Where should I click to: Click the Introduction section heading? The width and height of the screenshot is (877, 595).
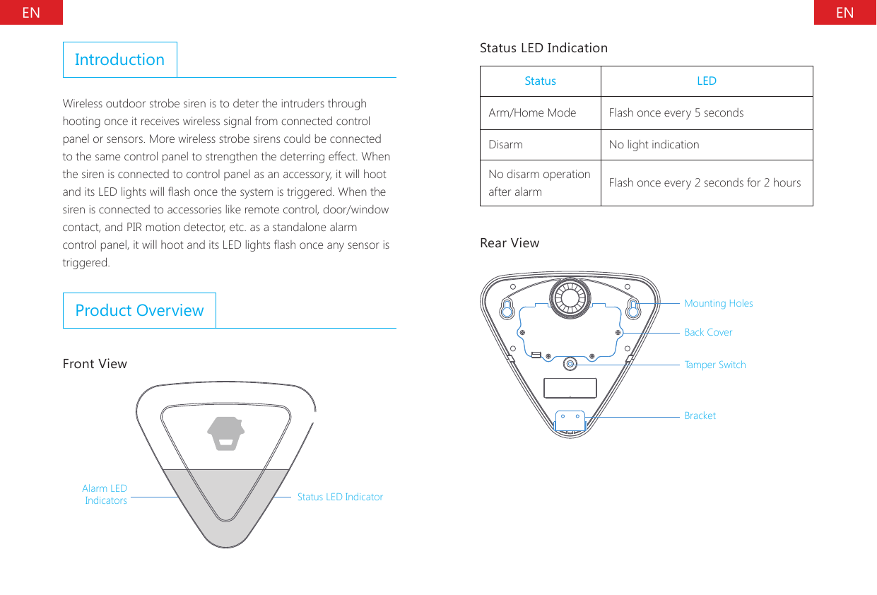pyautogui.click(x=119, y=59)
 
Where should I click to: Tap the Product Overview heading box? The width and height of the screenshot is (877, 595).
pyautogui.click(x=139, y=310)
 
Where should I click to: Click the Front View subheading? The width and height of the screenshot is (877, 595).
pyautogui.click(x=95, y=364)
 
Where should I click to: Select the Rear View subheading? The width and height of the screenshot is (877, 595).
pyautogui.click(x=509, y=243)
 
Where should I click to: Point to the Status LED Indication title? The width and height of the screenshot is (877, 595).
pyautogui.click(x=543, y=48)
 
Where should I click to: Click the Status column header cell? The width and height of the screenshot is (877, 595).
pyautogui.click(x=540, y=81)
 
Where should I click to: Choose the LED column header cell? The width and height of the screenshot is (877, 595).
pyautogui.click(x=706, y=81)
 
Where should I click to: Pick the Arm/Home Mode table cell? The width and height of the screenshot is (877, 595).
pyautogui.click(x=532, y=113)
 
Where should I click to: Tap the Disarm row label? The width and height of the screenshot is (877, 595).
pyautogui.click(x=506, y=145)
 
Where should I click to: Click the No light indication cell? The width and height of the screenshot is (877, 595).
pyautogui.click(x=654, y=145)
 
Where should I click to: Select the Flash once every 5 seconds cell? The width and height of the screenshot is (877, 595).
pyautogui.click(x=676, y=113)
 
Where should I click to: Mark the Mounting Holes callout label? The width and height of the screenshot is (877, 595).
pyautogui.click(x=718, y=303)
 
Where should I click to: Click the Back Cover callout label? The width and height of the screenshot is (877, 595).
pyautogui.click(x=708, y=332)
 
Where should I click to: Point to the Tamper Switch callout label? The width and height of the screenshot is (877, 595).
pyautogui.click(x=714, y=365)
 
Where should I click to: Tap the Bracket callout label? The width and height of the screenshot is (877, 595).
pyautogui.click(x=700, y=416)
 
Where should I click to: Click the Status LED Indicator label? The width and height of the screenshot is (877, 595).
pyautogui.click(x=340, y=497)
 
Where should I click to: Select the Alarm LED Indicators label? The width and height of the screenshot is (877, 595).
pyautogui.click(x=105, y=494)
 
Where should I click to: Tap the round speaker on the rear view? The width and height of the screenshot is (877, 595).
pyautogui.click(x=570, y=298)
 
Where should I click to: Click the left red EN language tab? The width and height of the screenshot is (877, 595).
pyautogui.click(x=31, y=12)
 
